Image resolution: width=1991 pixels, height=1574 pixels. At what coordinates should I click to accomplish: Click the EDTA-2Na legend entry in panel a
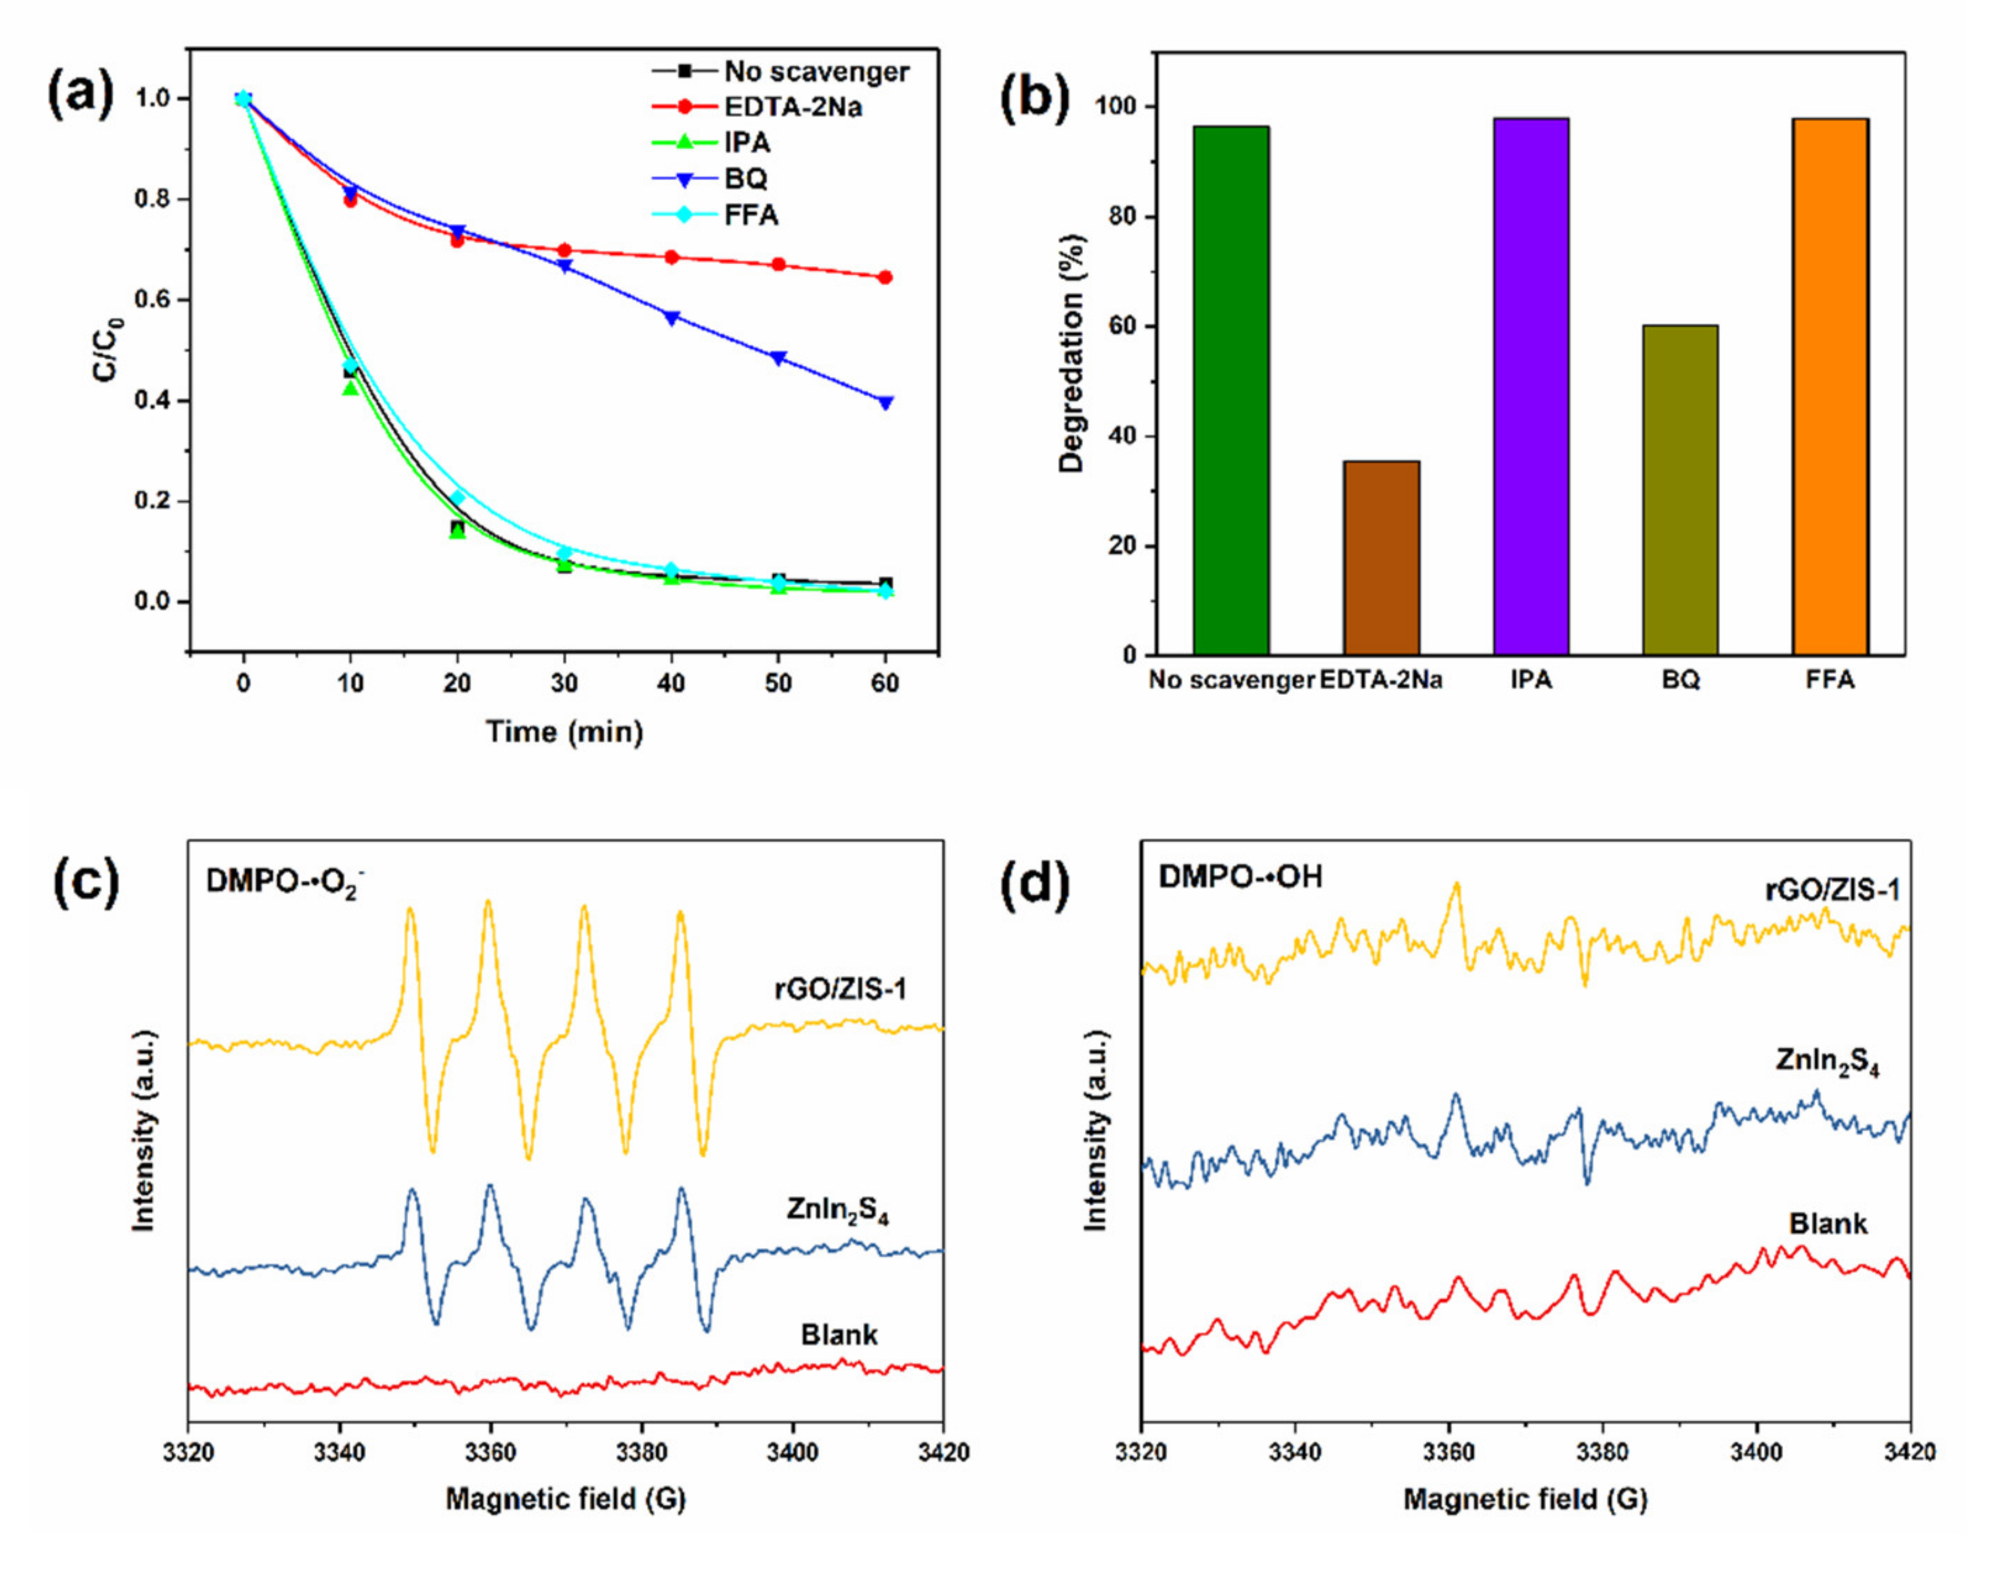pyautogui.click(x=792, y=107)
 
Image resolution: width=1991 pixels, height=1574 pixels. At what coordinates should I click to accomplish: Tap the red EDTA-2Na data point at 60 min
pyautogui.click(x=885, y=277)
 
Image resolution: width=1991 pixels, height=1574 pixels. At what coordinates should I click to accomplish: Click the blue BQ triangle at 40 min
pyautogui.click(x=671, y=318)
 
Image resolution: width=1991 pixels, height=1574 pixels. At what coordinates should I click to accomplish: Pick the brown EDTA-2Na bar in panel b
pyautogui.click(x=1381, y=558)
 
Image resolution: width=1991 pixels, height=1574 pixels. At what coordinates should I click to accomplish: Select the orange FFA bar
pyautogui.click(x=1830, y=387)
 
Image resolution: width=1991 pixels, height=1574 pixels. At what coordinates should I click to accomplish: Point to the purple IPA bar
pyautogui.click(x=1530, y=387)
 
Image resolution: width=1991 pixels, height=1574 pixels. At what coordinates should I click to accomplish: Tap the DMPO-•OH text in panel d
pyautogui.click(x=1240, y=876)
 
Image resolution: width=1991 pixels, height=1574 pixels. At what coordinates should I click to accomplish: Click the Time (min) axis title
pyautogui.click(x=564, y=732)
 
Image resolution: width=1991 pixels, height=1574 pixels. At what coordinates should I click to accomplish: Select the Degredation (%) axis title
pyautogui.click(x=1071, y=354)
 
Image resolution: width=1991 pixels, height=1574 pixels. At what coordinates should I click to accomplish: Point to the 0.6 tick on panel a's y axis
pyautogui.click(x=154, y=300)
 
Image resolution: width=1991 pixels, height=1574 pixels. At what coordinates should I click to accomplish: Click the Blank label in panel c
pyautogui.click(x=839, y=1334)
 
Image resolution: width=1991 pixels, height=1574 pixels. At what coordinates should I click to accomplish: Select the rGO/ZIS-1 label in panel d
pyautogui.click(x=1832, y=890)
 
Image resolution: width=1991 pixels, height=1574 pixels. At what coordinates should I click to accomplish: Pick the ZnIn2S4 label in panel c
pyautogui.click(x=837, y=1210)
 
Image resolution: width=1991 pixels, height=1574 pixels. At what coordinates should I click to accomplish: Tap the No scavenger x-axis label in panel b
pyautogui.click(x=1231, y=680)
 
